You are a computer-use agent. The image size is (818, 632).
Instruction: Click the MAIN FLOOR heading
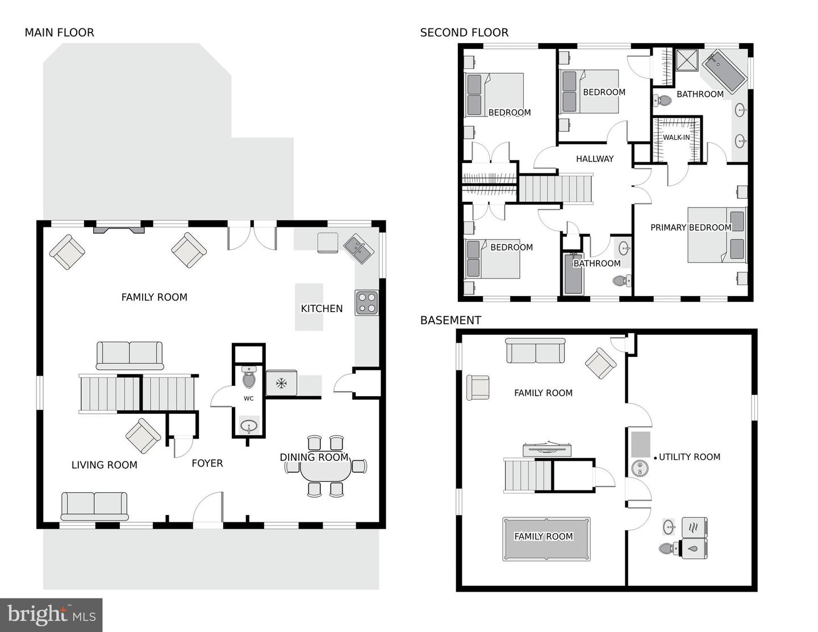pos(59,32)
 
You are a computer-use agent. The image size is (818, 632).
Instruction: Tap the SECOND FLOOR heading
pos(464,32)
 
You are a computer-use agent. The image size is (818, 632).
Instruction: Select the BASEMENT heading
pos(450,320)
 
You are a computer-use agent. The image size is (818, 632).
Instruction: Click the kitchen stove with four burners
pos(366,302)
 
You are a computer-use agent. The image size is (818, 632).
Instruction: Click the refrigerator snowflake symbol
pos(281,383)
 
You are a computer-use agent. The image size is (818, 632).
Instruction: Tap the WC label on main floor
pos(249,398)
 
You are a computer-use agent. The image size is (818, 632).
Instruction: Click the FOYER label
pos(207,463)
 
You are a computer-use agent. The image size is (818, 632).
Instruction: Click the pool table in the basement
pos(546,538)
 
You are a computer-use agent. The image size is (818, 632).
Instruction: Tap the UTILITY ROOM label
pos(689,457)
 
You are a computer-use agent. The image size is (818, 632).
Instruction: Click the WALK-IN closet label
pos(676,138)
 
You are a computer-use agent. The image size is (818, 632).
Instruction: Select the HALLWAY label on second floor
pos(595,159)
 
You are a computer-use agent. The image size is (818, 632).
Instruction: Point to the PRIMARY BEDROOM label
pos(691,227)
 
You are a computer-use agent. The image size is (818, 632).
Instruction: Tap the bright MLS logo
pos(51,615)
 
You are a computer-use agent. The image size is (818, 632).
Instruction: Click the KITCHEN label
pos(322,309)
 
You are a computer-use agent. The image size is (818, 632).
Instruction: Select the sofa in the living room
pos(94,506)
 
